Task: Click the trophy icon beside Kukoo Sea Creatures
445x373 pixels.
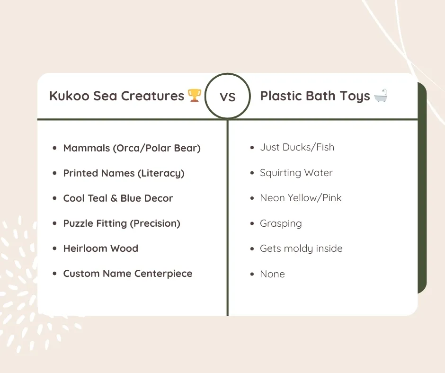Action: coord(195,96)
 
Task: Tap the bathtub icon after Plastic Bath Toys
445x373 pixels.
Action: coord(381,96)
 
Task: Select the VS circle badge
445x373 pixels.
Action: coord(228,97)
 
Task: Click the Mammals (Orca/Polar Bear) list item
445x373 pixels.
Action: coord(132,148)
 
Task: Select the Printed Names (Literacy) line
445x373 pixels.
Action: coord(124,173)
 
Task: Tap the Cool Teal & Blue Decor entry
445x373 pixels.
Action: coord(118,198)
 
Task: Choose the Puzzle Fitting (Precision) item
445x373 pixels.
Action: coord(122,223)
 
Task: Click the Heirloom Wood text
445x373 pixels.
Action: coord(100,249)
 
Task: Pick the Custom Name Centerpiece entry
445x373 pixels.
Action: coord(127,274)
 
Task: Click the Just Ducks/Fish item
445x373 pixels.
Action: coord(297,147)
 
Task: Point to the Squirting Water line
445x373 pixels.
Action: coord(296,173)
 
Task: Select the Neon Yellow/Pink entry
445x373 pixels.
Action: coord(301,198)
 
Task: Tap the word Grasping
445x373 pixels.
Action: coord(281,223)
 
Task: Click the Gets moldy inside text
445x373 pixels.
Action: coord(301,249)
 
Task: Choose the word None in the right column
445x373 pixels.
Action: coord(272,274)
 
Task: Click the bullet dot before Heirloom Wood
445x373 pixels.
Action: coord(55,249)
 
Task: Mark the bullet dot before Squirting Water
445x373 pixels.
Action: coord(252,173)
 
